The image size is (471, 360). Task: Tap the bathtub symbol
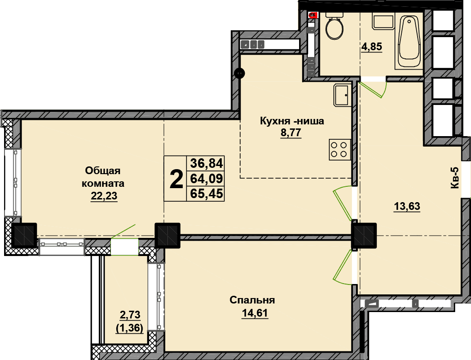[x=409, y=41]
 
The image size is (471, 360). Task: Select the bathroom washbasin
[x=383, y=21]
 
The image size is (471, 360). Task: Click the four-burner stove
[x=340, y=150]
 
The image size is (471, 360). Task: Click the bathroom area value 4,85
[x=371, y=47]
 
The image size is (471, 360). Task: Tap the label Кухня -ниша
[x=292, y=121]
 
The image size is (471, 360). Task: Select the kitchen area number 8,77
[x=291, y=133]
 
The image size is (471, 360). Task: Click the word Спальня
[x=252, y=300]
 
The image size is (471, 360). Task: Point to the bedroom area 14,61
[x=255, y=313]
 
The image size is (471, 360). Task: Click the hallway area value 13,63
[x=407, y=207]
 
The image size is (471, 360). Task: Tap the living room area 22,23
[x=104, y=196]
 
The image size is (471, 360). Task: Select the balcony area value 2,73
[x=130, y=315]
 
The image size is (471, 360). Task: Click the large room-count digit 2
[x=176, y=179]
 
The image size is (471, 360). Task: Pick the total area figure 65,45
[x=207, y=194]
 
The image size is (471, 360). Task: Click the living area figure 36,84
[x=207, y=164]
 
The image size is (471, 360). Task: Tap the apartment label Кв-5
[x=455, y=178]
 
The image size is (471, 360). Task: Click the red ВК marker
[x=313, y=15]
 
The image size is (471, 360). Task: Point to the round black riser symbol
[x=239, y=73]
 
